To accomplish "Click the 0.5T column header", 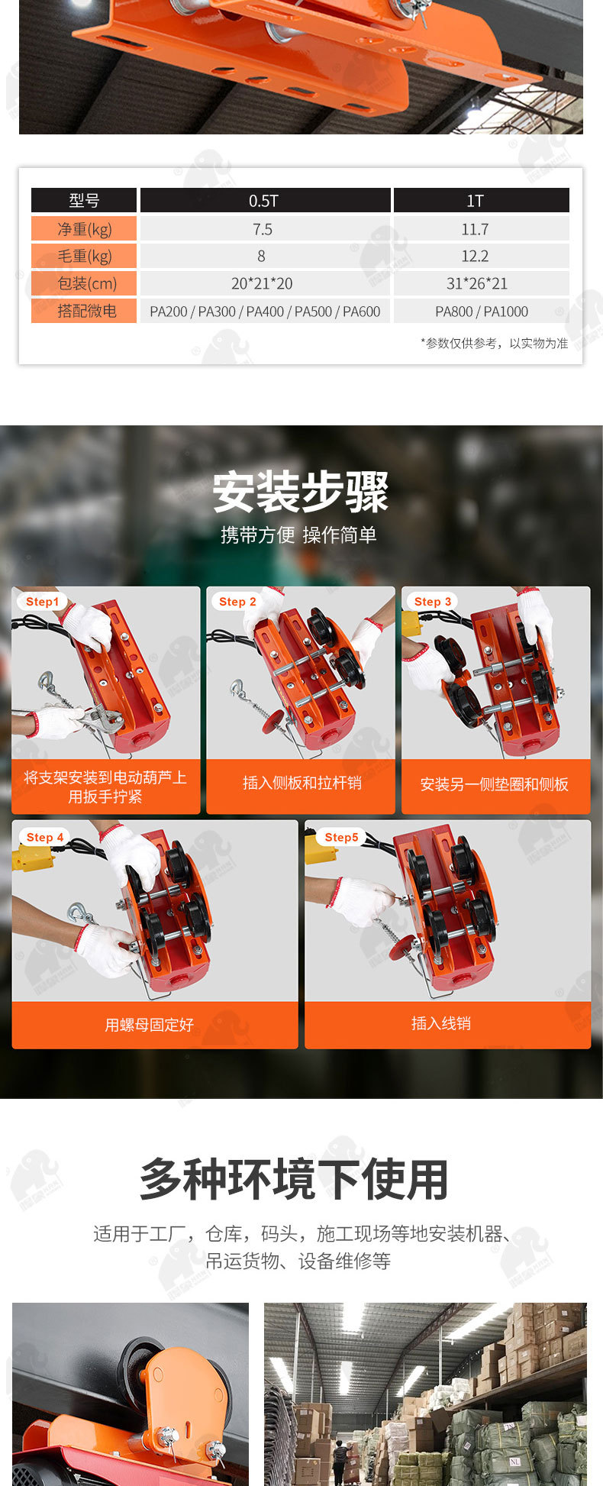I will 264,201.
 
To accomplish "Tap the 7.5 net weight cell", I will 264,229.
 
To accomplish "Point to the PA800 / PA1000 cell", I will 481,311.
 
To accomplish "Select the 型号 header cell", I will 84,201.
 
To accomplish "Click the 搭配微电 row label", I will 84,311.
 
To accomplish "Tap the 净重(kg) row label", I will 84,229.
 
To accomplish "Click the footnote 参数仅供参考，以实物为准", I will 494,344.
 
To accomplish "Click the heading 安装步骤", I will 301,493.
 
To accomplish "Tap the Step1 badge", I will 42,602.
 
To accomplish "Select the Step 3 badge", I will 433,602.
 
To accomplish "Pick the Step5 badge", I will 341,838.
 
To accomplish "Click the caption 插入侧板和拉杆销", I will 301,783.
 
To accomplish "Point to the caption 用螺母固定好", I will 150,1025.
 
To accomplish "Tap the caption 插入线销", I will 441,1023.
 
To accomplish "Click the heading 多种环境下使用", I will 294,1180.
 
